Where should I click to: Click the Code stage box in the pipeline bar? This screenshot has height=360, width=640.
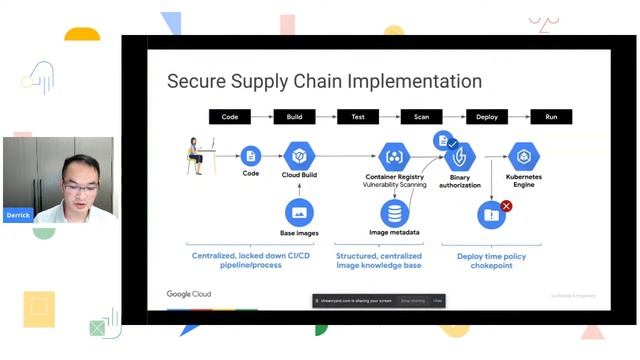coord(230,117)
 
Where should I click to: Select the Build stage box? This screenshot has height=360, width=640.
coord(294,117)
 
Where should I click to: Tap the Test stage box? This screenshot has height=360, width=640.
coord(358,117)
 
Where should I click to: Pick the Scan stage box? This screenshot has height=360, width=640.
coord(422,117)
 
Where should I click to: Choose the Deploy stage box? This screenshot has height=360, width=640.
coord(487,117)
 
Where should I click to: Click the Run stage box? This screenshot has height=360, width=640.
coord(551,117)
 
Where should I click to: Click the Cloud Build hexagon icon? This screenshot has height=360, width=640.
coord(299,156)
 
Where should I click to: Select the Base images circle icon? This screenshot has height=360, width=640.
coord(299,212)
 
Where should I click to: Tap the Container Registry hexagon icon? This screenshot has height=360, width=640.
coord(394,156)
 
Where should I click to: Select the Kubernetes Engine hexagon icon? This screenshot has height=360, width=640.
coord(525,156)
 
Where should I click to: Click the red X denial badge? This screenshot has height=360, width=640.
coord(506,206)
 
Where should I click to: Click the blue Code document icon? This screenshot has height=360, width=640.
coord(251,155)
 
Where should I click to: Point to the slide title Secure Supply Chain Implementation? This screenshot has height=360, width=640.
coord(324,81)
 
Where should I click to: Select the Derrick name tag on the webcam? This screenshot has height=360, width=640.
coord(17,215)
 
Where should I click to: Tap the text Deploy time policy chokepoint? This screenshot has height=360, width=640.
coord(492,262)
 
